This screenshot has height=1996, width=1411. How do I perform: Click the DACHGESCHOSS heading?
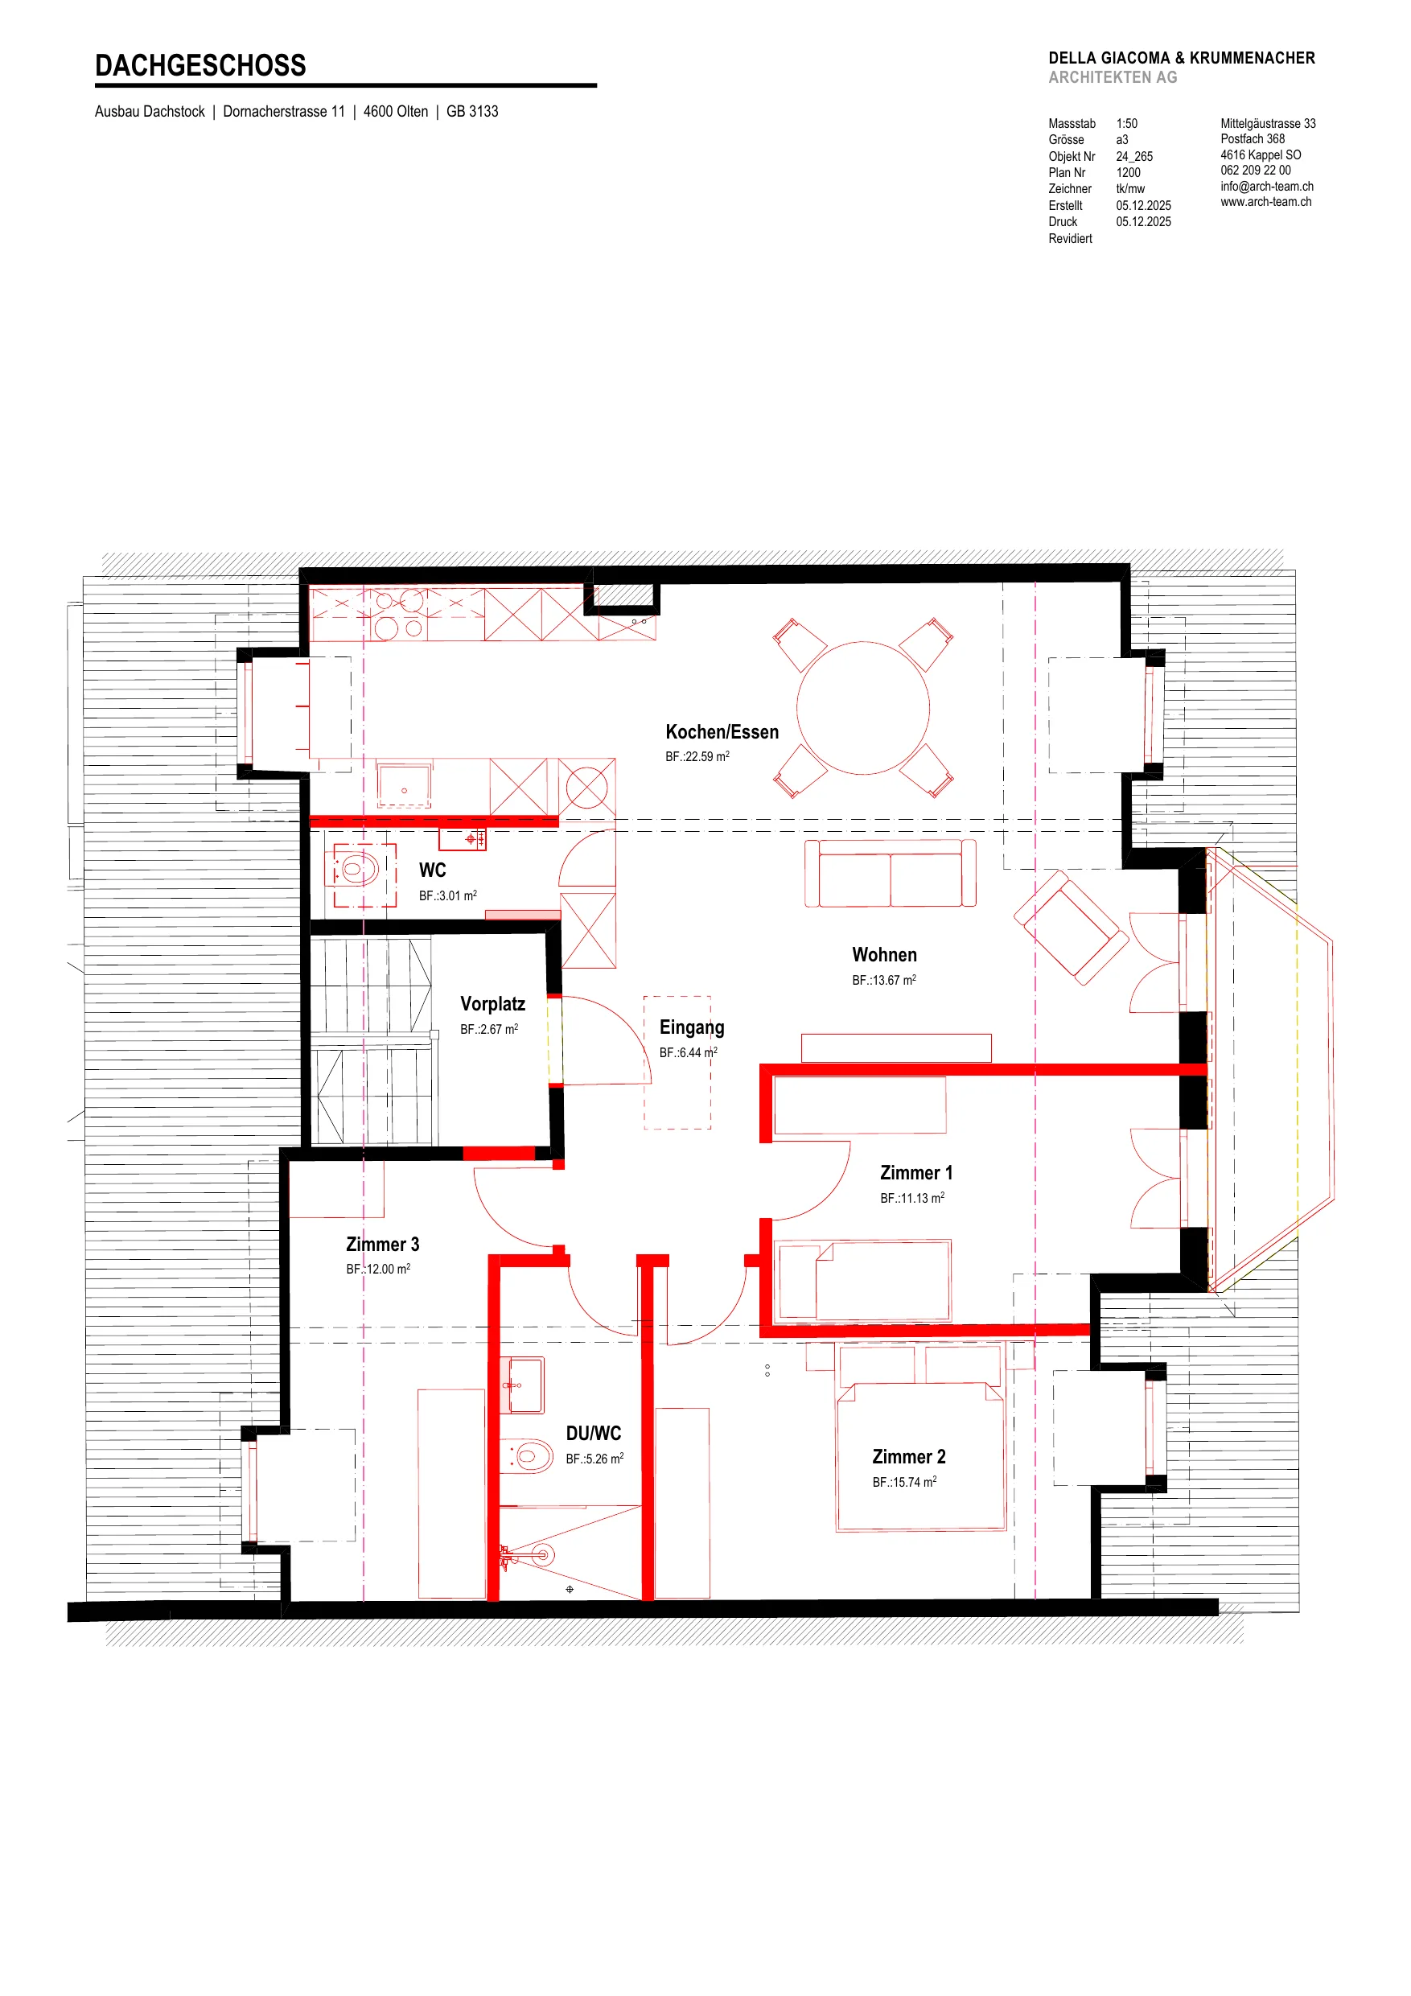200,65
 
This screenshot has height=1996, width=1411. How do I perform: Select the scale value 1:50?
1127,123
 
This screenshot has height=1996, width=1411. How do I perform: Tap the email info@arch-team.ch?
1267,186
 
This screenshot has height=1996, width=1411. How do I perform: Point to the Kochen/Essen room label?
722,732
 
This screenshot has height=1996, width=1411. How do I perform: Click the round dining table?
862,708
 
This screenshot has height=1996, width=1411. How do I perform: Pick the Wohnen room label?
884,954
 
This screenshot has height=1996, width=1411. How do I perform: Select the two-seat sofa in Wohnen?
891,873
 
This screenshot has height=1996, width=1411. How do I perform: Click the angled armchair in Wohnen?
1071,927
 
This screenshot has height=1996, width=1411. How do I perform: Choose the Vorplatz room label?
492,1004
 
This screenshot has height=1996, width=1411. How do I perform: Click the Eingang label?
691,1027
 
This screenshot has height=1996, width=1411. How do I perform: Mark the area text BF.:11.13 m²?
912,1198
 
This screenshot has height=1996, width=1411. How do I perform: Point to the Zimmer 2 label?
908,1457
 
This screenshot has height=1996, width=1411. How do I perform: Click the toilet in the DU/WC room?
529,1455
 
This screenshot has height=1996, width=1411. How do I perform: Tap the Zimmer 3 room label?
383,1244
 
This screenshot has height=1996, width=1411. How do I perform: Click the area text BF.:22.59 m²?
697,756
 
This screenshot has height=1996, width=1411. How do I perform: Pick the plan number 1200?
1128,172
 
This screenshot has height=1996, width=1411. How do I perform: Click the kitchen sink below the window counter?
405,785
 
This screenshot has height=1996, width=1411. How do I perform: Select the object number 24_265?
1134,157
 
